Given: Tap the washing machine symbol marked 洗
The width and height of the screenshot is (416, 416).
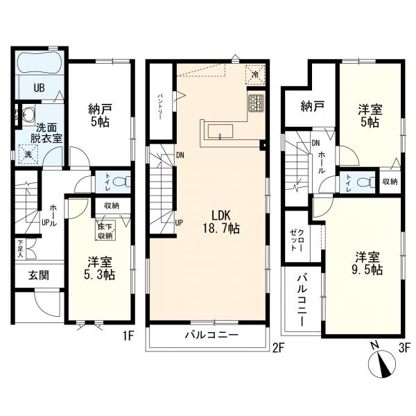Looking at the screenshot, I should click(x=28, y=154).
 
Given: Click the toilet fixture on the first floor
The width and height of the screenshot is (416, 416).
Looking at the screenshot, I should click(x=122, y=182).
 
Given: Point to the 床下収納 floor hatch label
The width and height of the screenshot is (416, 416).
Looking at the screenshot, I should click(x=106, y=232).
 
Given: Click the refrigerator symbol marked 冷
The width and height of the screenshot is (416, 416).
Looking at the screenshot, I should click(x=256, y=74).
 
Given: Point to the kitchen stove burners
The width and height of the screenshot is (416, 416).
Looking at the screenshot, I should click(x=254, y=104).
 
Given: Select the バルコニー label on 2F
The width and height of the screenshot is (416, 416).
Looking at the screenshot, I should click(x=211, y=334).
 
